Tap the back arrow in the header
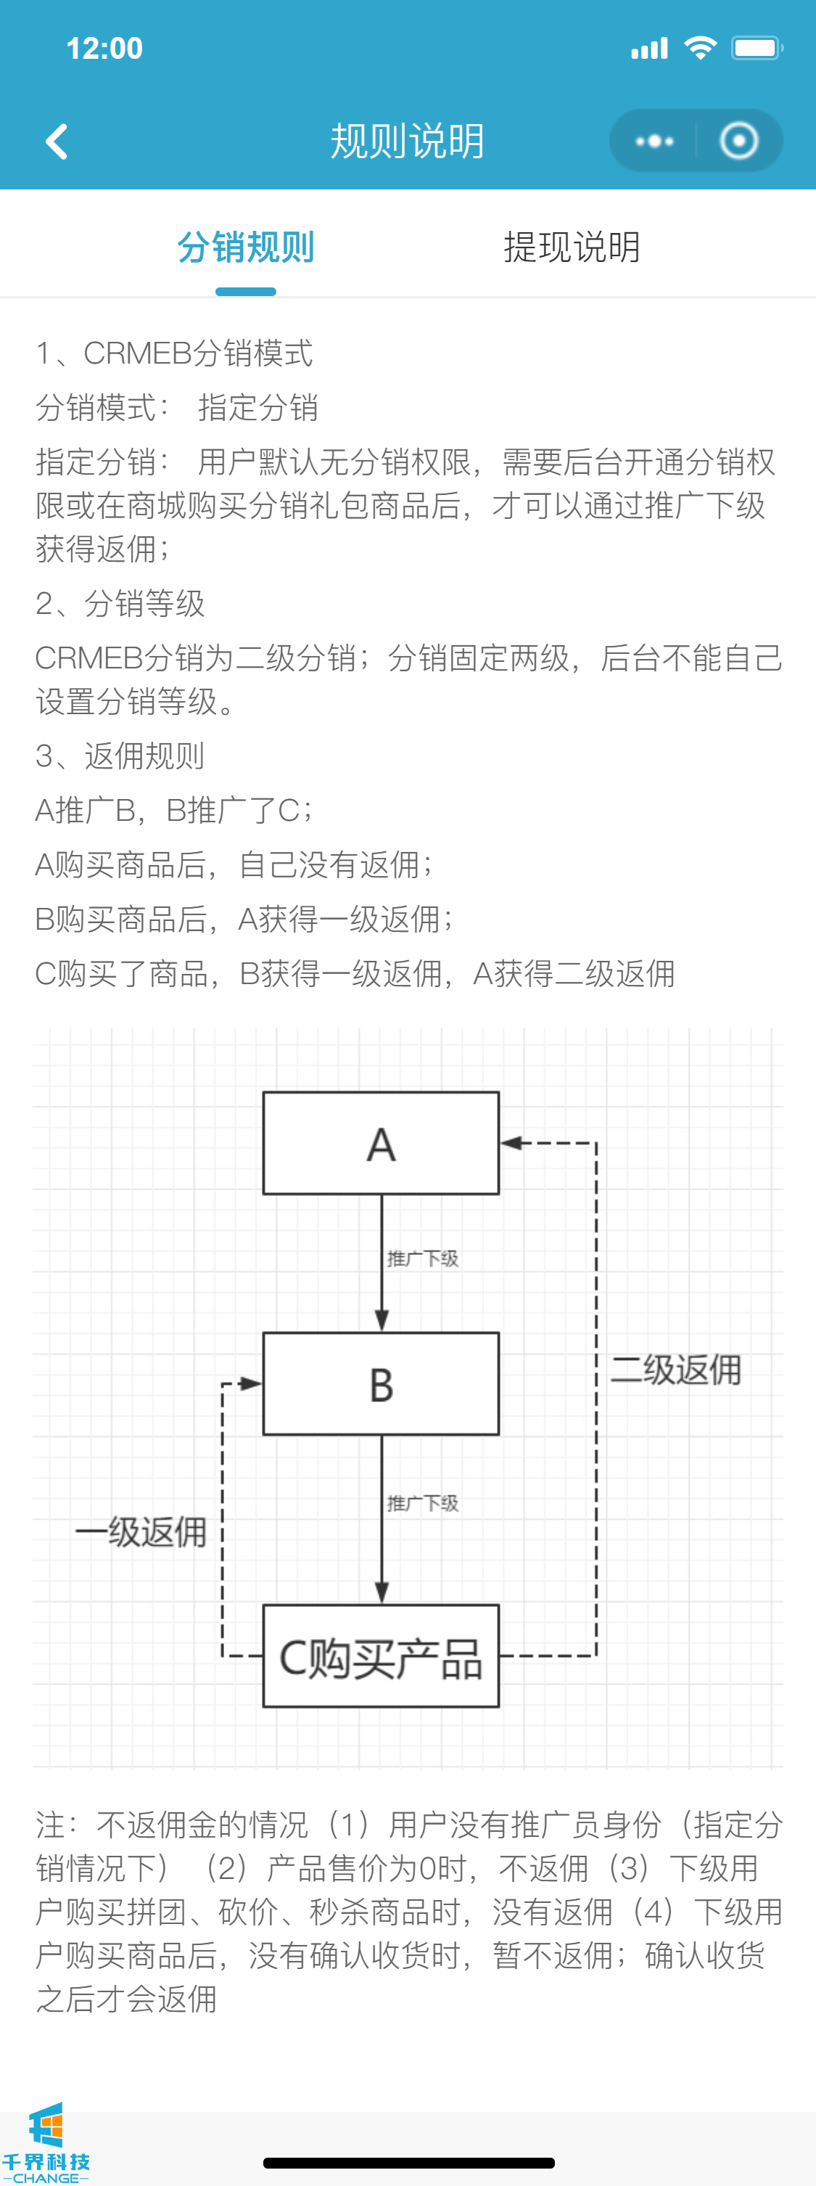pos(57,142)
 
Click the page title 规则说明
pos(407,142)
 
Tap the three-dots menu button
pos(654,142)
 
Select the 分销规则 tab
pos(246,247)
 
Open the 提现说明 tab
pos(572,247)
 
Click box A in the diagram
pos(381,1143)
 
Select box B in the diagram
pos(381,1384)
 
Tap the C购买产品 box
pos(381,1656)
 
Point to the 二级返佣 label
pos(676,1370)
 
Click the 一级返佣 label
pos(141,1532)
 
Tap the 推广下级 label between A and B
pos(422,1258)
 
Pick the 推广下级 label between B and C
pos(422,1504)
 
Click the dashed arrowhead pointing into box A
pos(511,1143)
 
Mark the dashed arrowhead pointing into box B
pos(250,1383)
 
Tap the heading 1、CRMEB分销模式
pos(174,353)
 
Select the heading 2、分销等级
pos(120,603)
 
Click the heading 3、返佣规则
pos(120,756)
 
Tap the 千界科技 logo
pos(46,2142)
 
